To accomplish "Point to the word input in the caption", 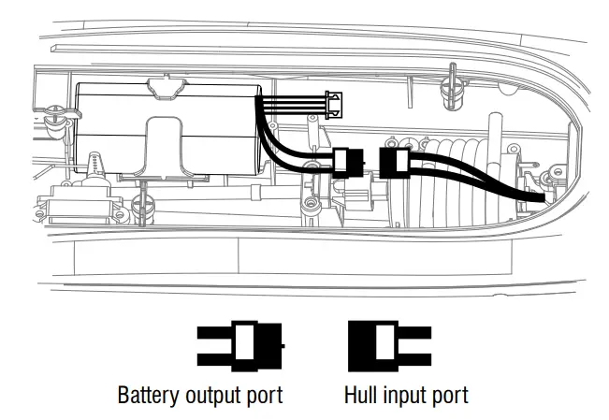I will [404, 394].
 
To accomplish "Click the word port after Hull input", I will [449, 394].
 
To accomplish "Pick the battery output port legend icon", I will [239, 344].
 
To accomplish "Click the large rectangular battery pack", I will [168, 126].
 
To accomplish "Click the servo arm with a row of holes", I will [96, 169].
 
